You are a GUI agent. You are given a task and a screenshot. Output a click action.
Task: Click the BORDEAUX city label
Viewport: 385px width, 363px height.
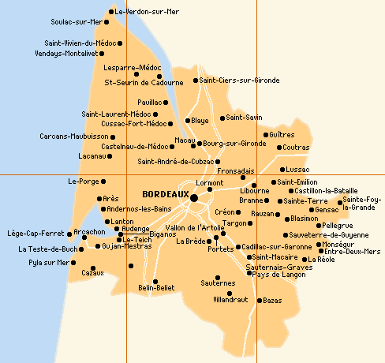[x=166, y=194]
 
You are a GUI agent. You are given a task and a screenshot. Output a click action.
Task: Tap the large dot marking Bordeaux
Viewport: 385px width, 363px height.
[x=194, y=197]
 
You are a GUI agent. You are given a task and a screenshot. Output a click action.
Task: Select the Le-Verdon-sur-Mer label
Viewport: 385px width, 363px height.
[x=147, y=12]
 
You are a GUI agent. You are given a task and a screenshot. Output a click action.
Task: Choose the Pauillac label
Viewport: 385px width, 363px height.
[x=149, y=103]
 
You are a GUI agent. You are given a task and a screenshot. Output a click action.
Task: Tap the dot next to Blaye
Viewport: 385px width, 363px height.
[x=188, y=121]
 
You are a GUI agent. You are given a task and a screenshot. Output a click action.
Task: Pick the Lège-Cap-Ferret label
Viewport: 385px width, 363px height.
[x=33, y=234]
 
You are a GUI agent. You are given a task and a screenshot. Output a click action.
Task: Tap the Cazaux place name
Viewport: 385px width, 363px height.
[x=71, y=273]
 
